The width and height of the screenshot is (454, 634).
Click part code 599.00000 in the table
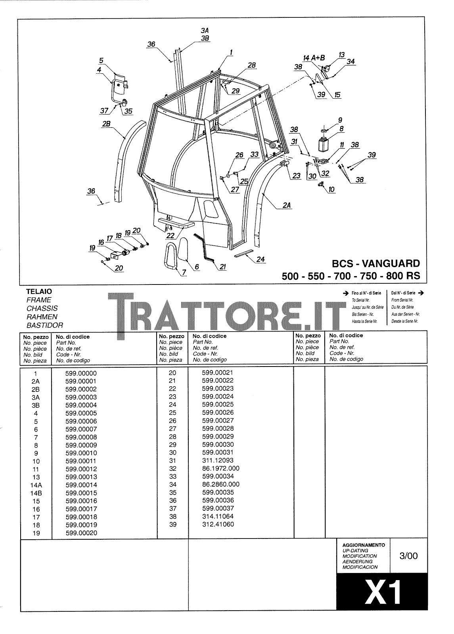coord(81,373)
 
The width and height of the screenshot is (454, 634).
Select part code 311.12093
coord(218,460)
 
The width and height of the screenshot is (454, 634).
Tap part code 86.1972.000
coord(220,468)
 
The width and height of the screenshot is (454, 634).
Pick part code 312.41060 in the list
coord(218,525)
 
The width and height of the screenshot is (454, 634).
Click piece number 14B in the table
coord(36,493)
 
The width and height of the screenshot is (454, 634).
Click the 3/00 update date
coord(408,556)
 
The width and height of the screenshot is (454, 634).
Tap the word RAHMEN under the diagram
coord(42,317)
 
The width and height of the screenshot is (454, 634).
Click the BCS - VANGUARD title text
coord(375,264)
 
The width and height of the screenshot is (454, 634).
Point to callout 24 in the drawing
coord(260,260)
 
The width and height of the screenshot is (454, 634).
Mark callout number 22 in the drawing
coord(170,235)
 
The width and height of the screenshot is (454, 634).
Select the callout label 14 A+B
coord(314,57)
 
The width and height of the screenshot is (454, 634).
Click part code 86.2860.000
coord(220,484)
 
